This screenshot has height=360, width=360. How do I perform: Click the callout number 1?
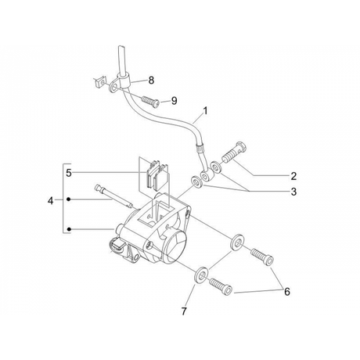point(206,111)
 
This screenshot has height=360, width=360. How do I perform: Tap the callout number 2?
point(293,176)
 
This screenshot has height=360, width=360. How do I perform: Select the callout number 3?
point(293,192)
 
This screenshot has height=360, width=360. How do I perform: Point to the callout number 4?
point(51,201)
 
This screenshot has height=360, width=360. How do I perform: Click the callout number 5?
point(69,173)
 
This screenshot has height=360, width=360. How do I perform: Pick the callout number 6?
point(287,292)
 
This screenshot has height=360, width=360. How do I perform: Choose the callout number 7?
point(184,311)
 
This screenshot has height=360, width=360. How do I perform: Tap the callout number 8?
point(151,80)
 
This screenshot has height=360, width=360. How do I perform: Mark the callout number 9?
point(174,100)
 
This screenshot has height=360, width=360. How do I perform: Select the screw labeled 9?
point(150,101)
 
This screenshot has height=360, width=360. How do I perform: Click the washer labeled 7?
point(202,275)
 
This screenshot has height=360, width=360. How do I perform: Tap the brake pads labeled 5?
point(157,175)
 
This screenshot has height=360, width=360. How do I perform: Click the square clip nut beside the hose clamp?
point(99,82)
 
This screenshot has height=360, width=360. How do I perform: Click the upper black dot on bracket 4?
point(69,200)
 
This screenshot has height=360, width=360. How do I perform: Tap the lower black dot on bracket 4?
point(69,229)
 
